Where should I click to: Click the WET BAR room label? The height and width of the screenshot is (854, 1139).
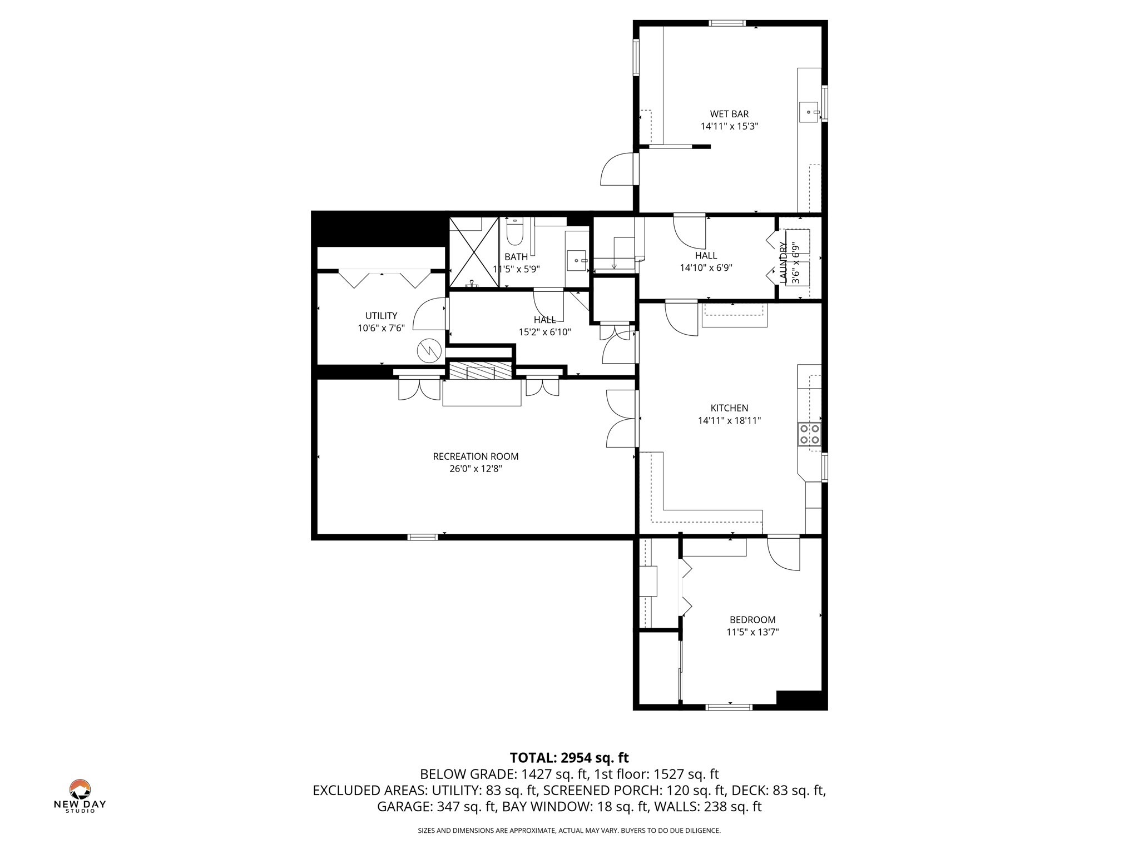(729, 114)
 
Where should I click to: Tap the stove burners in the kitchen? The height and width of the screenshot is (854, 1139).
(809, 434)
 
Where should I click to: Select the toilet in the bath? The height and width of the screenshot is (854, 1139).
(514, 234)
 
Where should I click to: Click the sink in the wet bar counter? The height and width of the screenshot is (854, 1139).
(809, 112)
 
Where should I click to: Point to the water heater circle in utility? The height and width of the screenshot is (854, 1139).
(429, 350)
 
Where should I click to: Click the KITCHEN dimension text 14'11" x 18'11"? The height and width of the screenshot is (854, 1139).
(729, 421)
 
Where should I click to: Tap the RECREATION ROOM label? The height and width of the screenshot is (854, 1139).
(476, 456)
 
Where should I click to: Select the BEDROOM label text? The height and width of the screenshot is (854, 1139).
(752, 619)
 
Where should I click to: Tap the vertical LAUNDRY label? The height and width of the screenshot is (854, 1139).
(784, 262)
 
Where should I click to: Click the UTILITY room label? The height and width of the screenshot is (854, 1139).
(381, 316)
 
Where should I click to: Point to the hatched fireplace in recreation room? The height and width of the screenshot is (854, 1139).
(479, 371)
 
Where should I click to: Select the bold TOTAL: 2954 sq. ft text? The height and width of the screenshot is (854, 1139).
(569, 758)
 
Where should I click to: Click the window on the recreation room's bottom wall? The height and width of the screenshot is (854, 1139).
(423, 537)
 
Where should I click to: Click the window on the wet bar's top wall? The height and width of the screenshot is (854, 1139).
(727, 23)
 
